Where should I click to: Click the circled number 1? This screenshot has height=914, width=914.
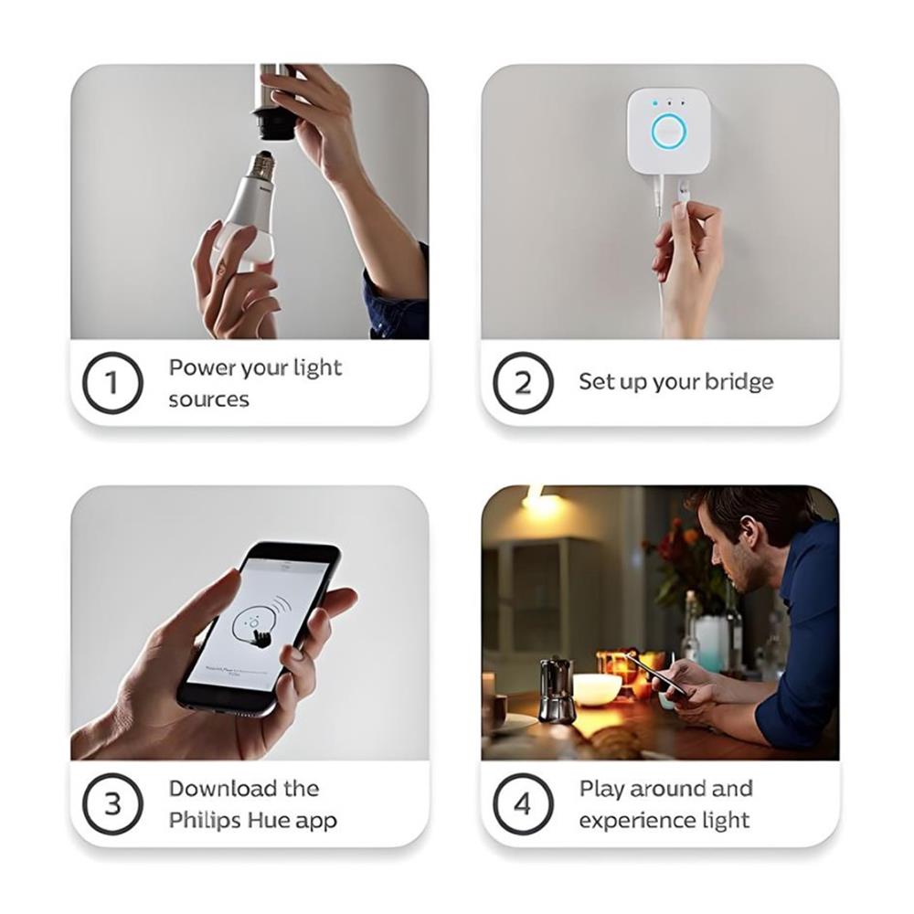click(x=112, y=382)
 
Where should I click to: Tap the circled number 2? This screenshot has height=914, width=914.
click(x=523, y=382)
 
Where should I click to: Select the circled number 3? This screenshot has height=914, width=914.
click(x=112, y=804)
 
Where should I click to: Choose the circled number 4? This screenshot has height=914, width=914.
click(x=523, y=804)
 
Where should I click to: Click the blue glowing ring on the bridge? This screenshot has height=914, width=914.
click(x=669, y=132)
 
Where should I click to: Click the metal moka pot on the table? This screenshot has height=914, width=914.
click(x=557, y=687)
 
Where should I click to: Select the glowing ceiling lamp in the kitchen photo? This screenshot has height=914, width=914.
click(x=540, y=499)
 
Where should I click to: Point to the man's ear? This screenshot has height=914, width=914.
click(x=751, y=530)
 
